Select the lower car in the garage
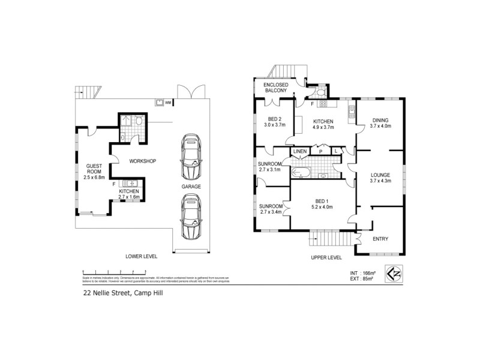pyautogui.click(x=190, y=220)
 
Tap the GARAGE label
pyautogui.click(x=191, y=187)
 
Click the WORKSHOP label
pyautogui.click(x=142, y=161)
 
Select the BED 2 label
pyautogui.click(x=275, y=119)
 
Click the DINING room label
pyautogui.click(x=380, y=119)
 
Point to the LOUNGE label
pyautogui.click(x=380, y=175)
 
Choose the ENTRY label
pyautogui.click(x=380, y=239)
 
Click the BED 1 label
pyautogui.click(x=323, y=201)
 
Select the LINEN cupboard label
pyautogui.click(x=300, y=151)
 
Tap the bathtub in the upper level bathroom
pyautogui.click(x=300, y=175)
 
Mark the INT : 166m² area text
pyautogui.click(x=362, y=273)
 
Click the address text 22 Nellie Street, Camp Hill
pyautogui.click(x=123, y=294)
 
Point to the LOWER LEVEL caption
pyautogui.click(x=141, y=256)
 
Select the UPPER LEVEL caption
pyautogui.click(x=326, y=257)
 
